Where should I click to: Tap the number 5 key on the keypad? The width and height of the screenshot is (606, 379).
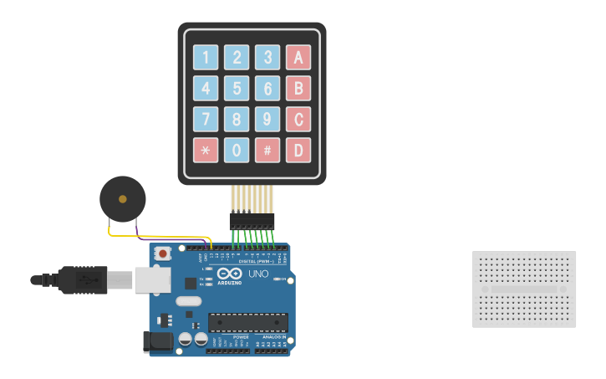point(237,88)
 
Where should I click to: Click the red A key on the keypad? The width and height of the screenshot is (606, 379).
point(298,57)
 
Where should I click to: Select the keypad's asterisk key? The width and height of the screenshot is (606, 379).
point(206,150)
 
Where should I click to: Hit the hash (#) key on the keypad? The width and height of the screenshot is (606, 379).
point(267,150)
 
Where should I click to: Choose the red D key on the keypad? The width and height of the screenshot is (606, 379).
point(298,150)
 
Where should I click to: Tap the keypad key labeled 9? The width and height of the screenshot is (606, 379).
point(267,119)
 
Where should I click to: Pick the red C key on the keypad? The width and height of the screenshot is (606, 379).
point(298,119)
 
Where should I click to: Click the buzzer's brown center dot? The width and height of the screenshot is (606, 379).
point(123,199)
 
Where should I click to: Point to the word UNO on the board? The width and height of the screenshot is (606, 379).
point(258,274)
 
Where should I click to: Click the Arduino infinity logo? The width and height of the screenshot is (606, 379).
point(229,274)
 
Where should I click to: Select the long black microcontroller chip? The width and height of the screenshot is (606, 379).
point(248,322)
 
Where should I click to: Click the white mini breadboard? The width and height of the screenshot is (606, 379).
point(524,289)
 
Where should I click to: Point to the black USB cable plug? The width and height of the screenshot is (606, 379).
point(83,279)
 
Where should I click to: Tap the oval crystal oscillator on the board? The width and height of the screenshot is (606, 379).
point(189,301)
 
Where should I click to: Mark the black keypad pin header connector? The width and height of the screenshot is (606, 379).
point(252,221)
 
